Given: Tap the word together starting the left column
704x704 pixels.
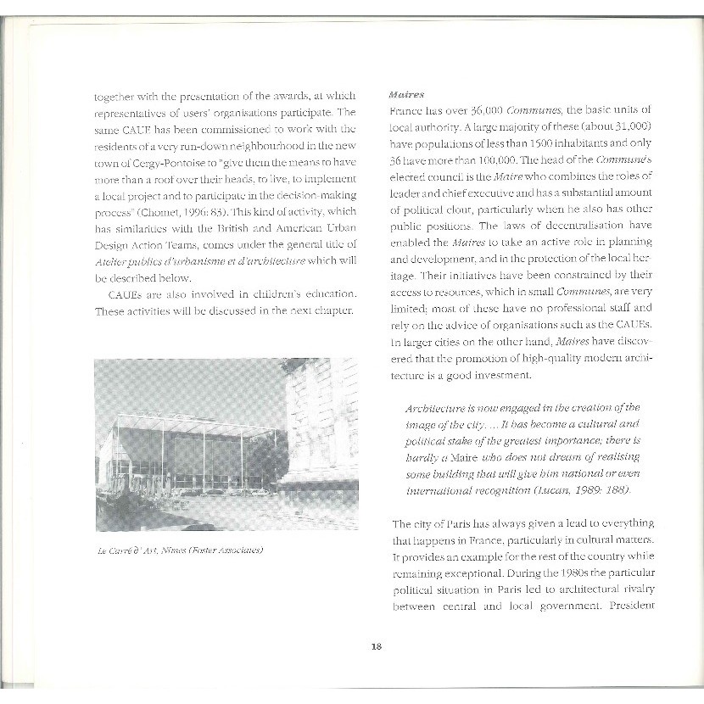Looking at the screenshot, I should point(116,96).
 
